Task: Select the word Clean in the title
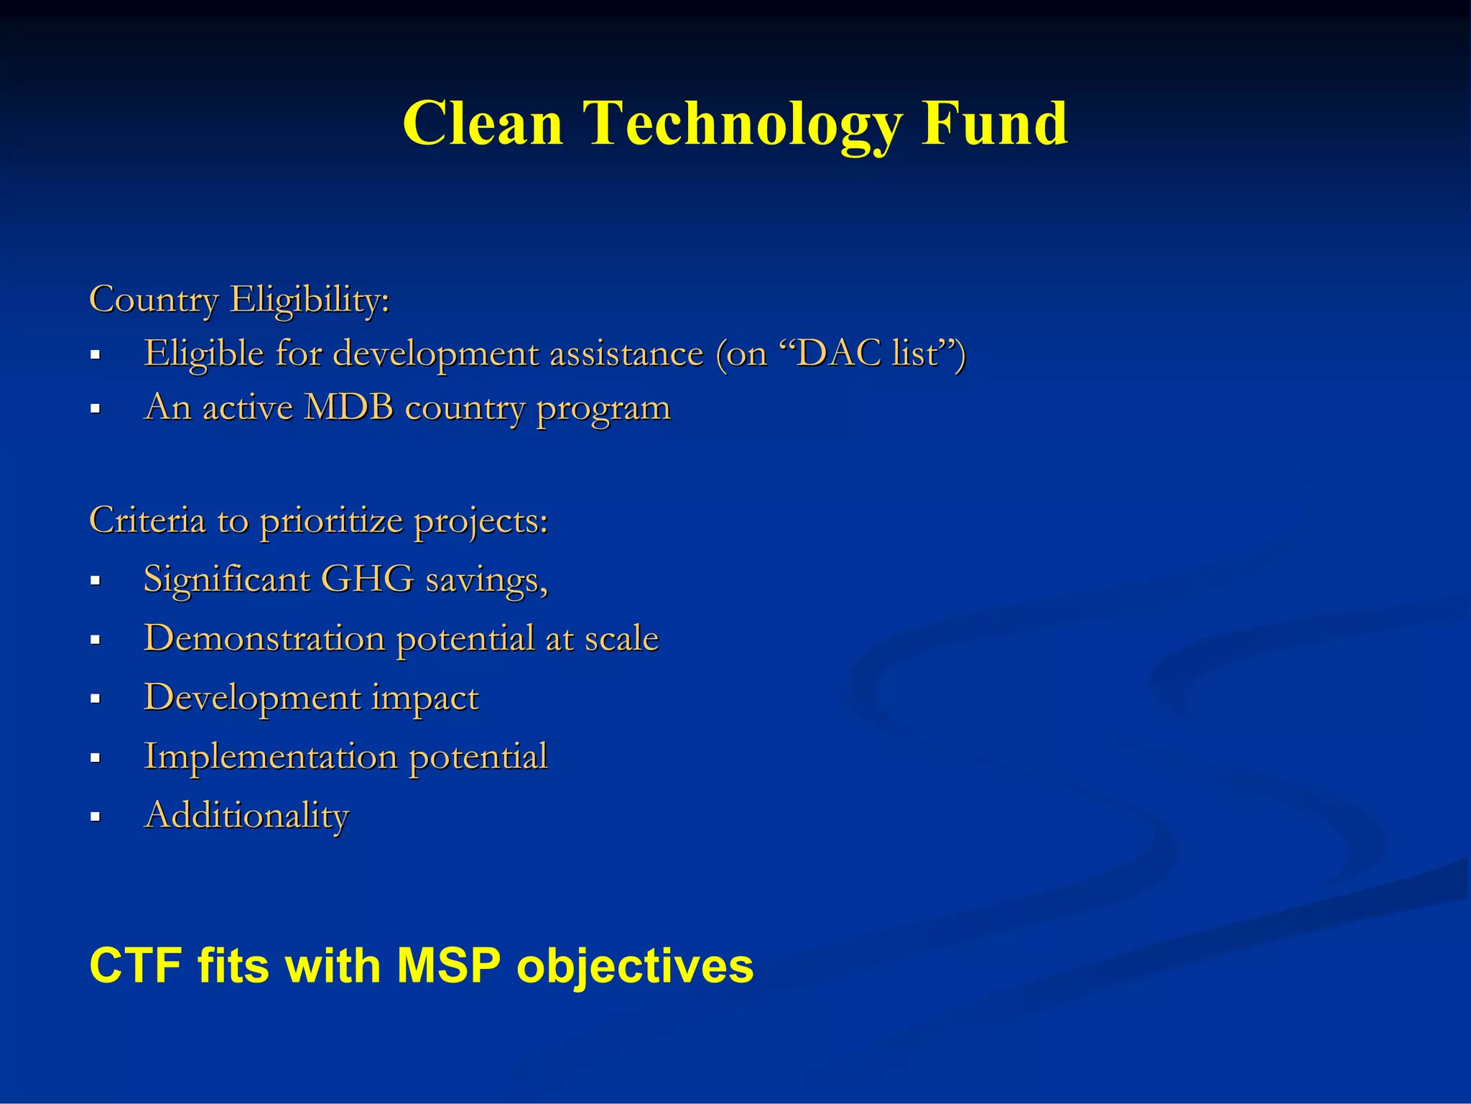click(x=483, y=124)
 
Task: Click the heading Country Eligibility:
click(x=239, y=299)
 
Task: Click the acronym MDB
click(x=349, y=407)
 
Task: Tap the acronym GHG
click(x=367, y=579)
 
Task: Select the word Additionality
click(x=246, y=815)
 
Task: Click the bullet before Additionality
click(x=95, y=817)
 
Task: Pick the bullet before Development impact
click(x=95, y=699)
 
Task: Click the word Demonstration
click(x=264, y=638)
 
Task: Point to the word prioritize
click(x=331, y=520)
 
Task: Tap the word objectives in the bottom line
click(x=635, y=966)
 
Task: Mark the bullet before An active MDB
click(x=95, y=409)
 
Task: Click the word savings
click(x=486, y=580)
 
